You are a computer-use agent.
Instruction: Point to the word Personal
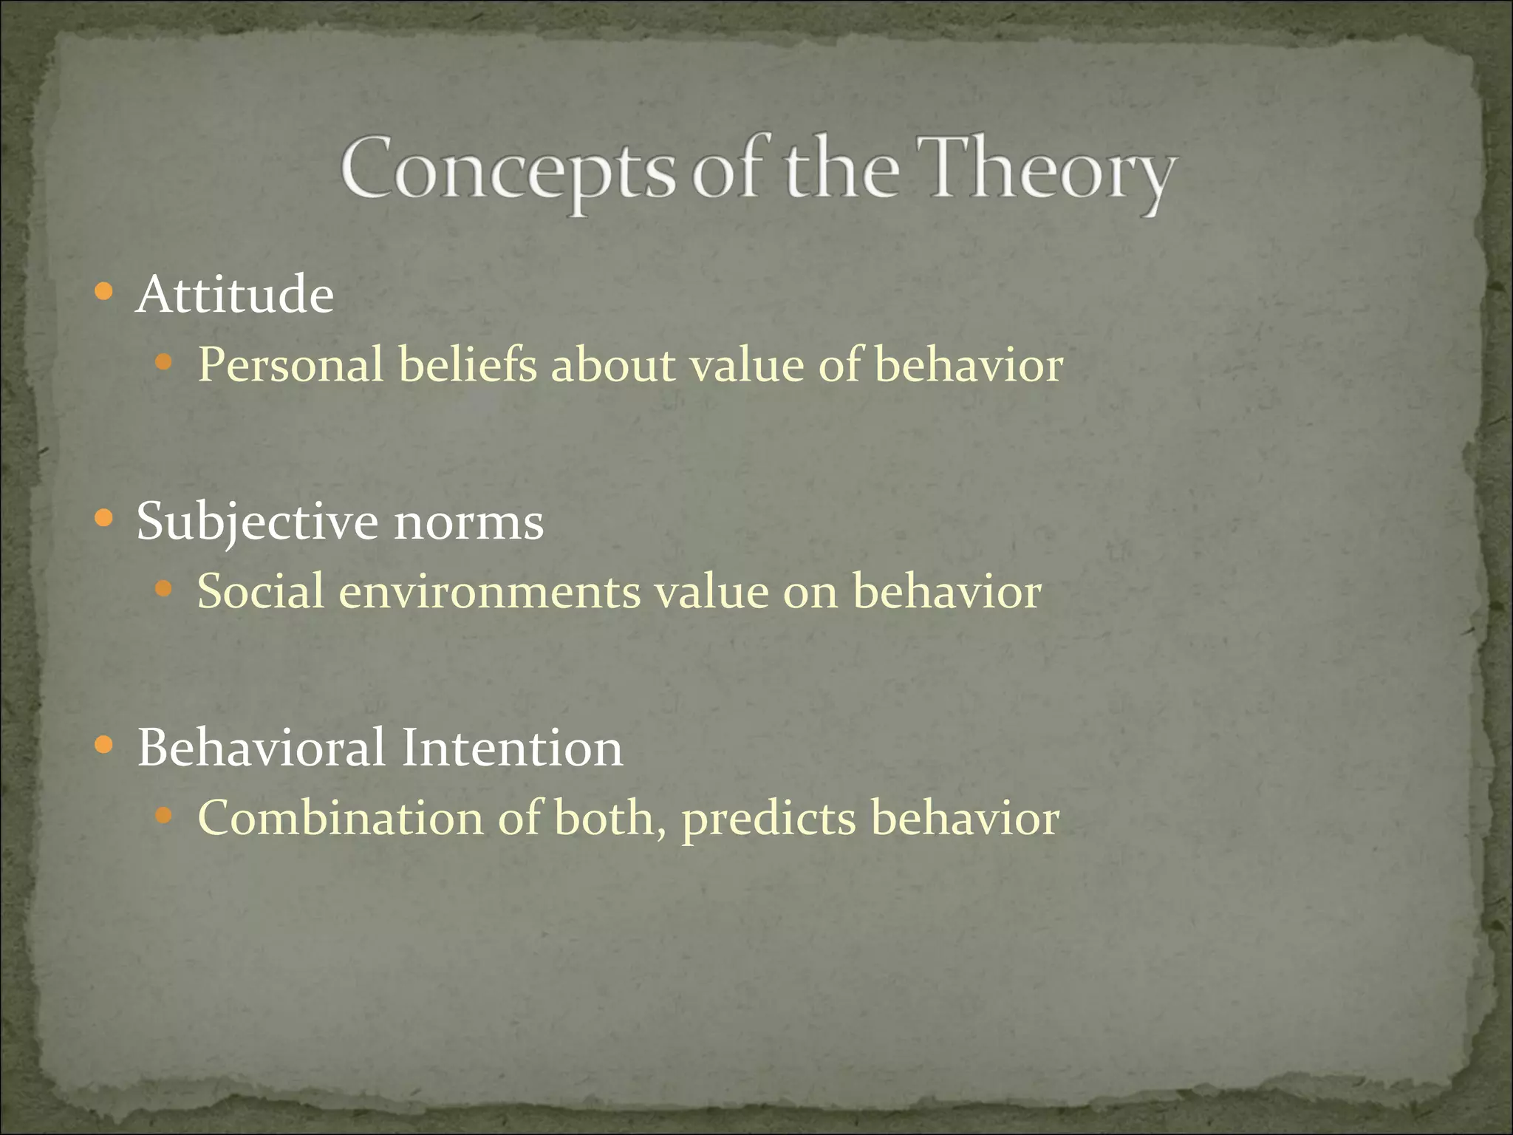click(x=291, y=366)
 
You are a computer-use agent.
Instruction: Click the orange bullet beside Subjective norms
click(x=104, y=519)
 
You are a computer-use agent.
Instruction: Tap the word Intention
click(x=512, y=748)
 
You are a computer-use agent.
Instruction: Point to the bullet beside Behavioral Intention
click(x=104, y=745)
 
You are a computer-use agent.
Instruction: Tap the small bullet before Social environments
click(x=163, y=589)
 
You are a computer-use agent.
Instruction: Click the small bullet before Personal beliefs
click(x=163, y=362)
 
